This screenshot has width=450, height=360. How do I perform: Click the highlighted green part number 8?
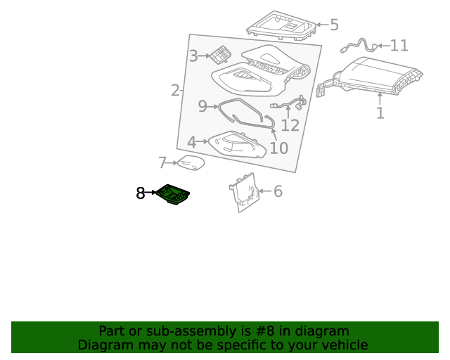click(x=173, y=195)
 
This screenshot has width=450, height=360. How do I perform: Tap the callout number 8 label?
click(x=141, y=193)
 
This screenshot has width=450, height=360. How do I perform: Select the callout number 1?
click(x=380, y=112)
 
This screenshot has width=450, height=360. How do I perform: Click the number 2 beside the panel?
click(x=175, y=90)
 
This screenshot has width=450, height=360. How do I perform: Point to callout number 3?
click(x=193, y=56)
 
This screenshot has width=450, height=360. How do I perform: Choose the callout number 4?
click(x=191, y=142)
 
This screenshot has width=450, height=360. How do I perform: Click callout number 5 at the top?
click(x=334, y=25)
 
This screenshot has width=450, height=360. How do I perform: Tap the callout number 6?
click(x=277, y=191)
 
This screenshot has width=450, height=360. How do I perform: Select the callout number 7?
click(x=162, y=163)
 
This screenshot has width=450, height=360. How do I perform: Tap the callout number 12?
click(x=290, y=126)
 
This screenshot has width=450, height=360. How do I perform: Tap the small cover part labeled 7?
click(x=190, y=163)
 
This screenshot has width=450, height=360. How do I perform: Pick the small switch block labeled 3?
click(x=221, y=55)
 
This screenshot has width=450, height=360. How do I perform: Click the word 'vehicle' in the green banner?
click(x=342, y=345)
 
